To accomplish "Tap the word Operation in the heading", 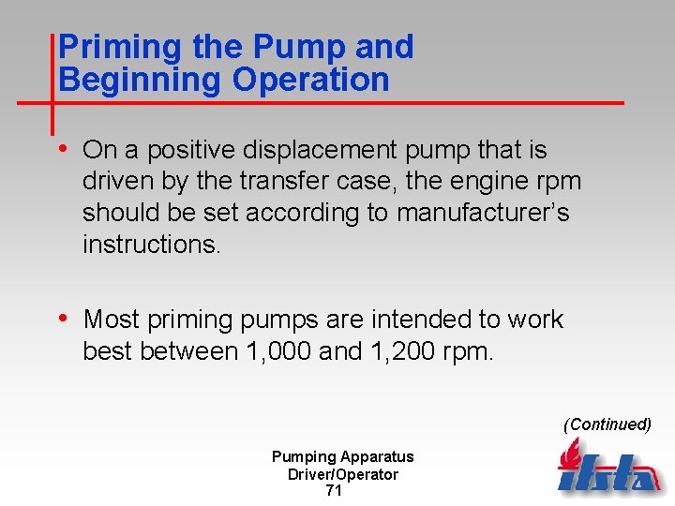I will point(310,81).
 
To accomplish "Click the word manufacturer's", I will point(482,213).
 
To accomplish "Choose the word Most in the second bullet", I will point(112,320).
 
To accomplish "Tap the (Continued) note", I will point(607,424).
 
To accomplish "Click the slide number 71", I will point(334,491).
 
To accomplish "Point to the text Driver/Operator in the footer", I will point(342,474).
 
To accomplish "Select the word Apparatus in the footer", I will point(376,457).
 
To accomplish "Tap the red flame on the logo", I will point(568,455).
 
